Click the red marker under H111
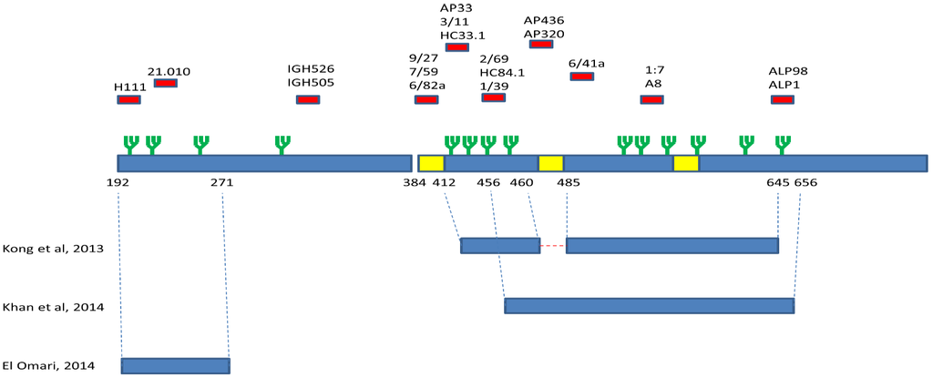click(x=128, y=99)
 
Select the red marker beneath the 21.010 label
click(x=165, y=83)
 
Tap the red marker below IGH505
click(x=308, y=99)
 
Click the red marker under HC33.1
click(x=456, y=47)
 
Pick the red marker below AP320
click(x=540, y=44)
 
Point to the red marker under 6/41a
click(x=581, y=77)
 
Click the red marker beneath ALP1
click(x=782, y=99)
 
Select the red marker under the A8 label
click(x=651, y=99)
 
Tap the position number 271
click(x=222, y=183)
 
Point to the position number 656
click(x=805, y=183)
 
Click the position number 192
click(x=118, y=183)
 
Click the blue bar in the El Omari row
click(x=175, y=365)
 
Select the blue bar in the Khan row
click(x=649, y=306)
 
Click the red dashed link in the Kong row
click(x=552, y=245)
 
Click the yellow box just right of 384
click(x=431, y=163)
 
